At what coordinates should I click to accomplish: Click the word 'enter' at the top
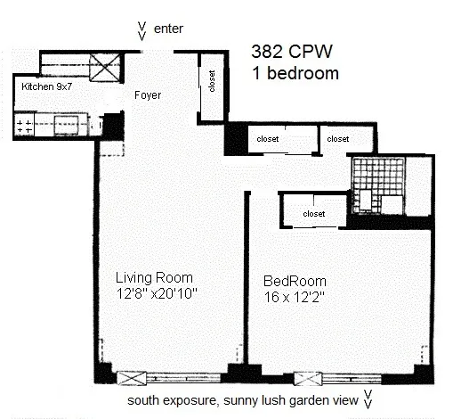[x=169, y=29]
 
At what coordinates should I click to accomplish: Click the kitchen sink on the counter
[x=67, y=125]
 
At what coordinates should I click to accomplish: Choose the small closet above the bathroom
[x=337, y=139]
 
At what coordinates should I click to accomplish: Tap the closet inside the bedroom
[x=313, y=214]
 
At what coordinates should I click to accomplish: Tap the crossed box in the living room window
[x=131, y=377]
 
